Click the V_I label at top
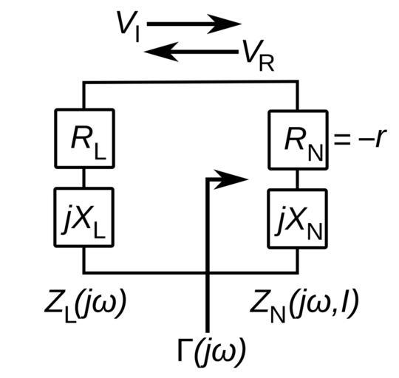[128, 26]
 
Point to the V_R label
[258, 55]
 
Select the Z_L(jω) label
[85, 306]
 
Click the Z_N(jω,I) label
[304, 306]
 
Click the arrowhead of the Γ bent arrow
[231, 179]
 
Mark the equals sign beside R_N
[342, 140]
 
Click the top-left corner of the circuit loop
[84, 83]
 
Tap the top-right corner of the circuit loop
[297, 82]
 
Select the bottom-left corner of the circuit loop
[84, 272]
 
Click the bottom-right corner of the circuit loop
[297, 272]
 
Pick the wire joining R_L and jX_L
[84, 178]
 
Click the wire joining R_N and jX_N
[297, 179]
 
